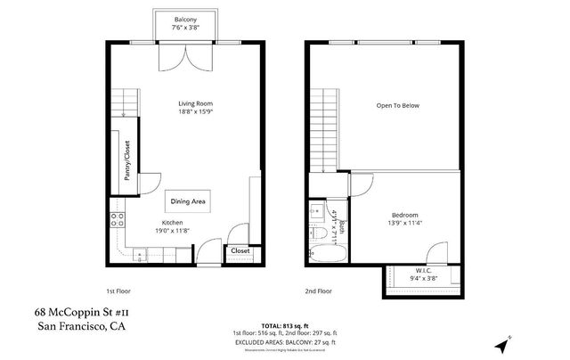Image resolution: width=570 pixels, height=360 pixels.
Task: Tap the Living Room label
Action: pos(193,104)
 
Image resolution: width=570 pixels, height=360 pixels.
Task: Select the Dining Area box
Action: pos(188,202)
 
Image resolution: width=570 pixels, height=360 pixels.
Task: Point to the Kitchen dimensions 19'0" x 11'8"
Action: pos(172,232)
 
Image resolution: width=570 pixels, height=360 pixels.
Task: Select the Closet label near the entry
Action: pos(240,251)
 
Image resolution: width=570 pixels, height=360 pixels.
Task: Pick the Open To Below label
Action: pos(397,105)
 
